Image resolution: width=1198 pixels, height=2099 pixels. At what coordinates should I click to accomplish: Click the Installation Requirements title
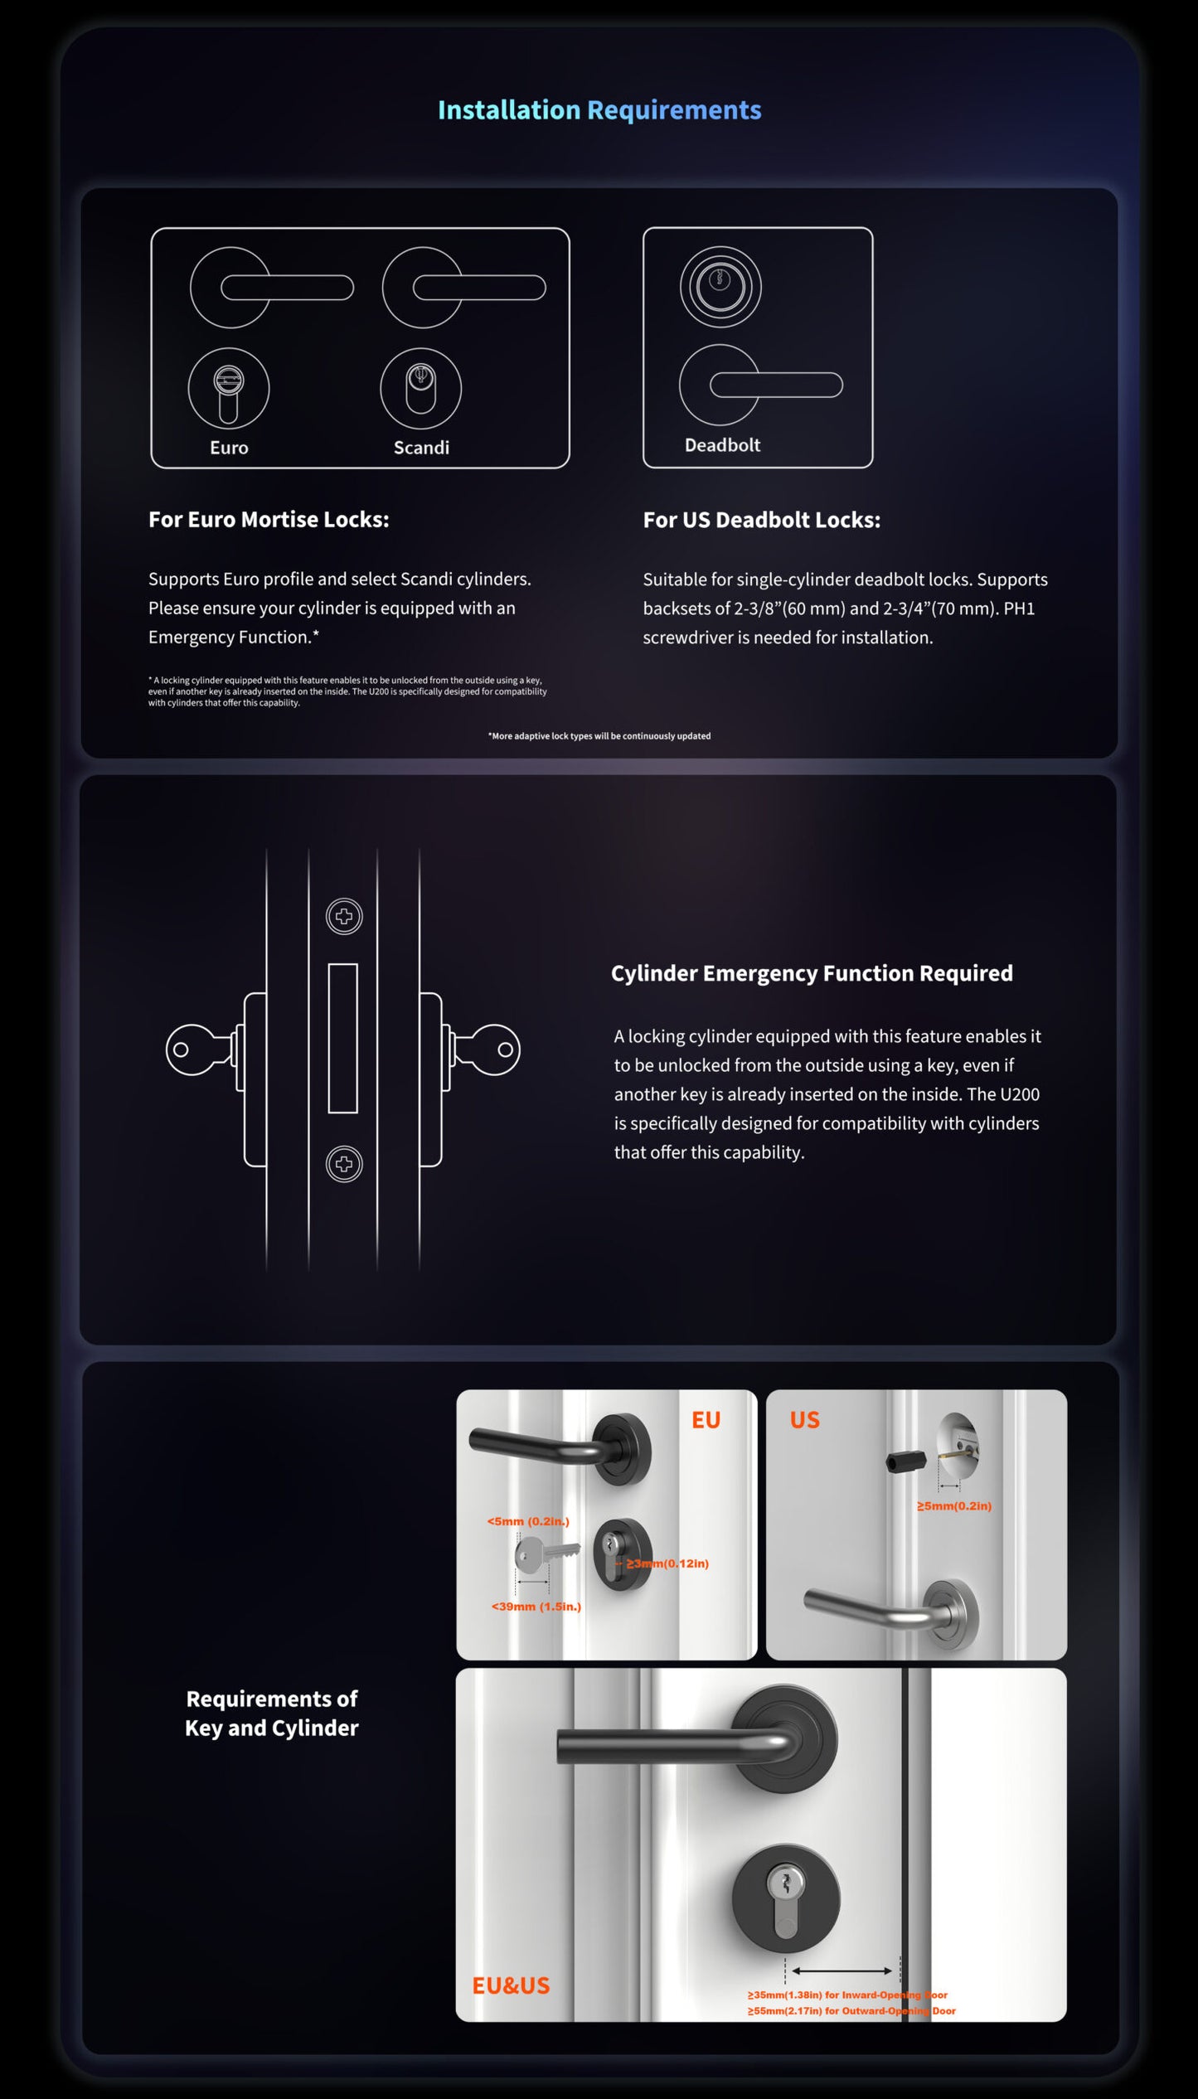[x=599, y=110]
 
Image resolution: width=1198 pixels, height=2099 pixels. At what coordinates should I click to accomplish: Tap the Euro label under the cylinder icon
[x=229, y=448]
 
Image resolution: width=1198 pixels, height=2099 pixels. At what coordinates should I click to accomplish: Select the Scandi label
[x=421, y=448]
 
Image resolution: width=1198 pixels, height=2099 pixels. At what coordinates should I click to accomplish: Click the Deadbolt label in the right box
[x=722, y=445]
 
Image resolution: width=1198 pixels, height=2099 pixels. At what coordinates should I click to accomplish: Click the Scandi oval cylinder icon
[x=420, y=388]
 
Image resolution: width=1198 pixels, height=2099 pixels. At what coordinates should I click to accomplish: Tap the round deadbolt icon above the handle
[x=720, y=286]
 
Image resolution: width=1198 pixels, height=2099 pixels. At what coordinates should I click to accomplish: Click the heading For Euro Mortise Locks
[x=269, y=520]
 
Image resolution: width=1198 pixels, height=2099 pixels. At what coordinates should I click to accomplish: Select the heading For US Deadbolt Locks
[x=761, y=520]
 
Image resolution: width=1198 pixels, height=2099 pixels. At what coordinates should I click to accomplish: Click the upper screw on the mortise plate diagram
[x=344, y=917]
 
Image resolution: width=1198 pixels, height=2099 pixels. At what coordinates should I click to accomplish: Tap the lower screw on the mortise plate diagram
[x=344, y=1164]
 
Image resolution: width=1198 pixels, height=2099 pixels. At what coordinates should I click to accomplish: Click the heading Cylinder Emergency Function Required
[x=812, y=973]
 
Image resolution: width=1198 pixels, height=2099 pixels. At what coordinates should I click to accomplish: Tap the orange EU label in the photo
[x=706, y=1420]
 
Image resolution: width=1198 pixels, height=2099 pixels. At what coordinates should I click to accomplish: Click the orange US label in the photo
[x=804, y=1420]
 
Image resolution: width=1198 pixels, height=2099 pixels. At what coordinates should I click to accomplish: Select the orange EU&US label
[x=511, y=1985]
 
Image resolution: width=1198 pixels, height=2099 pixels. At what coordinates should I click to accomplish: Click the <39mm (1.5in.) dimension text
[x=536, y=1607]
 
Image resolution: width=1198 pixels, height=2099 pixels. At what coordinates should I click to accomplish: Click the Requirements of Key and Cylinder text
[x=272, y=1714]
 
